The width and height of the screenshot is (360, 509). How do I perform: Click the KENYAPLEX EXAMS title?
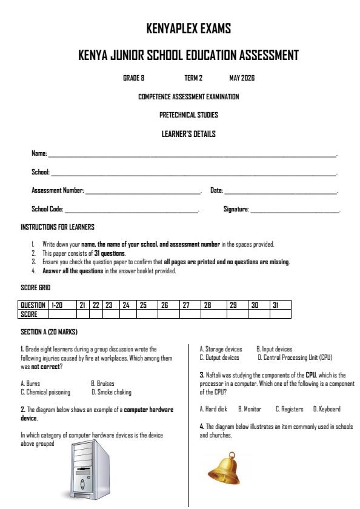click(188, 28)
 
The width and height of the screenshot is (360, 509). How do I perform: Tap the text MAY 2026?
click(242, 78)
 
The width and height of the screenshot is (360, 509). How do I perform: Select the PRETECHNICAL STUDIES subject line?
click(188, 115)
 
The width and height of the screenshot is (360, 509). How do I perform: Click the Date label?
click(216, 191)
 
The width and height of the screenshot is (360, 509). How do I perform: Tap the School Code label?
click(47, 209)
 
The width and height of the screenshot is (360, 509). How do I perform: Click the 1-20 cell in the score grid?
click(61, 305)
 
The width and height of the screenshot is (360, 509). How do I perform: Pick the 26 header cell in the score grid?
click(168, 305)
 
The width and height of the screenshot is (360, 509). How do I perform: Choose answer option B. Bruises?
click(102, 384)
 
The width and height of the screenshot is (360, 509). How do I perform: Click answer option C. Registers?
click(290, 409)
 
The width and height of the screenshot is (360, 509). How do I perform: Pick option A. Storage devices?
click(221, 349)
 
